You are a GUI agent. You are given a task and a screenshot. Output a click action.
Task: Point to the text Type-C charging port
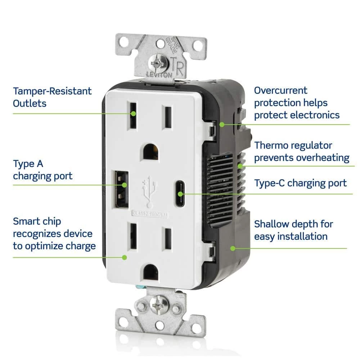click(x=301, y=183)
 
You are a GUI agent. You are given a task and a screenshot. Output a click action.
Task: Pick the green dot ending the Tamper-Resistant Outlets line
click(x=133, y=113)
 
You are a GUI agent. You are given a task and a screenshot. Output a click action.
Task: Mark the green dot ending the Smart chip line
click(x=124, y=257)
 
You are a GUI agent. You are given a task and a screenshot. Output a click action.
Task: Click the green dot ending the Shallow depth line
click(x=233, y=248)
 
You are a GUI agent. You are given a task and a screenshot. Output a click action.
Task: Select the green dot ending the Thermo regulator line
click(x=240, y=166)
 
